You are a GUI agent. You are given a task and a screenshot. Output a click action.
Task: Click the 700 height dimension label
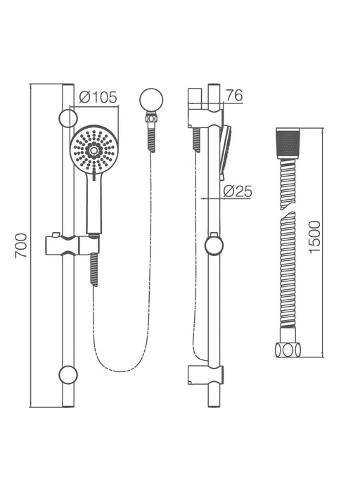20,245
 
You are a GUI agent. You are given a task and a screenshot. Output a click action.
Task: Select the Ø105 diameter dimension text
98,97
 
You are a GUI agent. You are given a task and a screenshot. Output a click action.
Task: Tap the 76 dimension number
234,95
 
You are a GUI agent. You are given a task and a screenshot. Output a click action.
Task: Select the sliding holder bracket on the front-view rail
72,244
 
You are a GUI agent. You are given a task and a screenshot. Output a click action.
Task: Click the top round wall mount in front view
67,117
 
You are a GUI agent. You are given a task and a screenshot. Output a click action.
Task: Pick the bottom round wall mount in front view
67,374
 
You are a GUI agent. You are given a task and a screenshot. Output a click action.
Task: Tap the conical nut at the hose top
288,144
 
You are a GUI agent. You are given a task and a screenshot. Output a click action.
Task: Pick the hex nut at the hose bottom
288,349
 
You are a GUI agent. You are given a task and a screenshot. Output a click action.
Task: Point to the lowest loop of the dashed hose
121,370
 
